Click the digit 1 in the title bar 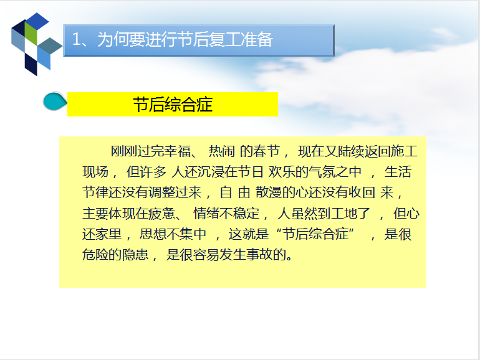coord(76,40)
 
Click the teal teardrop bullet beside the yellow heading coord(55,102)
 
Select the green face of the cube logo coord(31,33)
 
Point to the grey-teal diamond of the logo coord(50,46)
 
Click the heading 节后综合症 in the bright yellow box coord(173,105)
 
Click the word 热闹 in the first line coord(222,151)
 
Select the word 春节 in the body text coord(266,151)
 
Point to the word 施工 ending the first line coord(404,151)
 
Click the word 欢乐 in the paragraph coord(282,171)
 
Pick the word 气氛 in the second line coord(322,171)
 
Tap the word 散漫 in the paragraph coord(269,192)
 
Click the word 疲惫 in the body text coord(162,213)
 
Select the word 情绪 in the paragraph coord(207,213)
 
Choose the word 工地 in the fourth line coord(344,213)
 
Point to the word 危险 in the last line coord(95,255)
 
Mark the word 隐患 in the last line coord(135,255)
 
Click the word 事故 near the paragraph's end coord(259,255)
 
